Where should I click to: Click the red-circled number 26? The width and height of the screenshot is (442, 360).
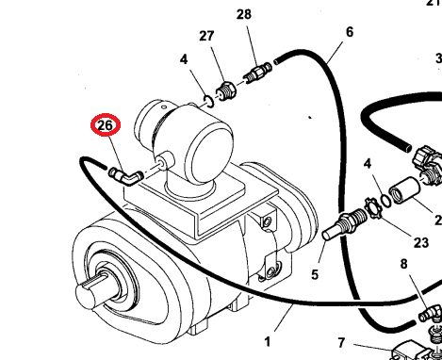(x=106, y=125)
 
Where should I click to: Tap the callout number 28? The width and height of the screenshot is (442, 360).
(x=244, y=14)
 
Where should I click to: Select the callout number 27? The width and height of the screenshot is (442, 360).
(x=206, y=36)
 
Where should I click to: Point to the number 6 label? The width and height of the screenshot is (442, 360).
(x=350, y=32)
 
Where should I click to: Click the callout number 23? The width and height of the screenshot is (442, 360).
(x=421, y=242)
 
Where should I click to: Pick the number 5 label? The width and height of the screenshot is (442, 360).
(x=315, y=274)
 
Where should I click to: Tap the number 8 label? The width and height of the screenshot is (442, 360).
(x=403, y=264)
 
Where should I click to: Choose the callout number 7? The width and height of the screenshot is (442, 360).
(x=342, y=342)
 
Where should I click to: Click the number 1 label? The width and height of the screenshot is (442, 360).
(x=267, y=342)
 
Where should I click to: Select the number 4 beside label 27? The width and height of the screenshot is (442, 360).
(x=184, y=59)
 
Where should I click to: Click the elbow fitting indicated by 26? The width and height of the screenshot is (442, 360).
(x=126, y=177)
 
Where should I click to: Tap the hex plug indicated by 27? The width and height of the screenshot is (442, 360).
(x=226, y=91)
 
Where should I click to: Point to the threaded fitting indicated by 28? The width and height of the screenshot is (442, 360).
(x=257, y=74)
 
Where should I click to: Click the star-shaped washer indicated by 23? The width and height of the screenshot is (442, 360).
(x=373, y=207)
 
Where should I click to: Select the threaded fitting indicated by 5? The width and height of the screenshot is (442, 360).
(x=345, y=224)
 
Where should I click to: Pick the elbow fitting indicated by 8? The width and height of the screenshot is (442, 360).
(x=431, y=314)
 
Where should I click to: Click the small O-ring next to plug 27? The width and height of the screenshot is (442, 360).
(x=208, y=101)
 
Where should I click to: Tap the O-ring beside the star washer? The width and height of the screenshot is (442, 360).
(x=385, y=201)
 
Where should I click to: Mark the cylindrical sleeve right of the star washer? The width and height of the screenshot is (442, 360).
(x=404, y=190)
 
